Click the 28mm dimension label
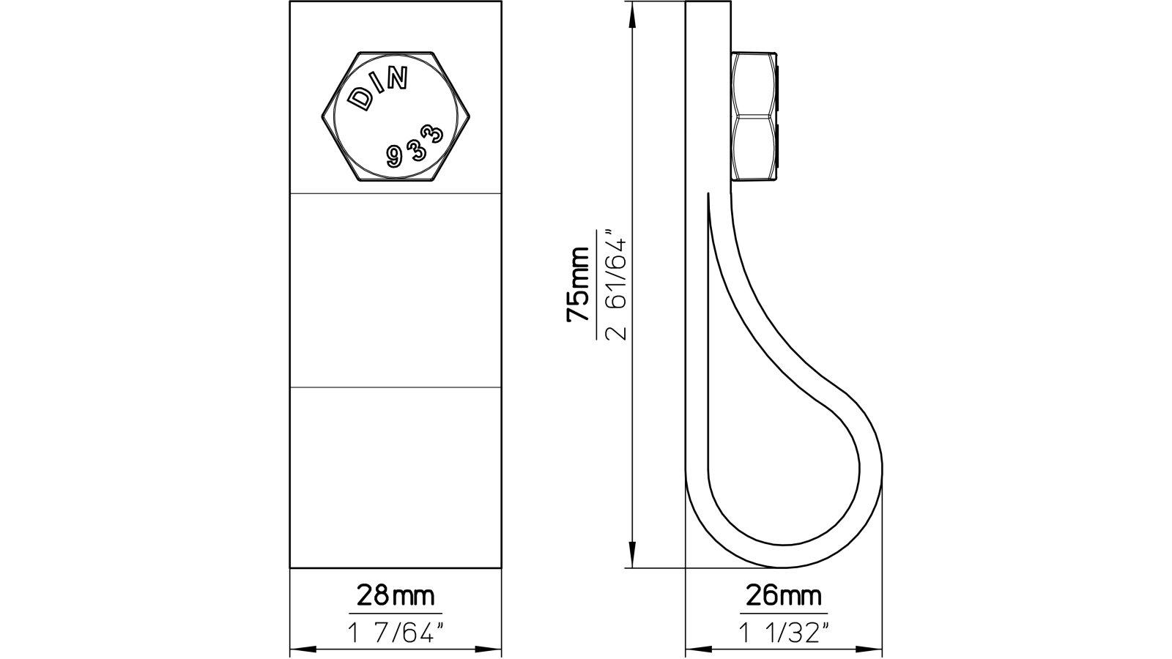pyautogui.click(x=395, y=595)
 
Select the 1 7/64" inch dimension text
pyautogui.click(x=395, y=632)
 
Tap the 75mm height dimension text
pyautogui.click(x=578, y=284)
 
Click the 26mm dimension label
pyautogui.click(x=783, y=595)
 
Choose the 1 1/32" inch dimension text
pyautogui.click(x=783, y=632)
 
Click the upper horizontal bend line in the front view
pyautogui.click(x=396, y=193)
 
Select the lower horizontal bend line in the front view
pyautogui.click(x=396, y=387)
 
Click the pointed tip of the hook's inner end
pyautogui.click(x=709, y=195)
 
